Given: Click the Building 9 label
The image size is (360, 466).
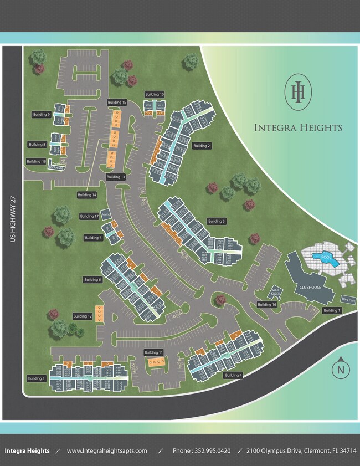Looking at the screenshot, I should coord(42,115).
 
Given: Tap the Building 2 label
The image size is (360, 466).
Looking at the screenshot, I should coord(202,146).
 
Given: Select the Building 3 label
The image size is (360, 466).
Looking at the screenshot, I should coord(217,221).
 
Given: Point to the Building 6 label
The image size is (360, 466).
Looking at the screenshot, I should coord(92,280).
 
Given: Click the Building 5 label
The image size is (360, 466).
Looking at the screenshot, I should coord(36,378).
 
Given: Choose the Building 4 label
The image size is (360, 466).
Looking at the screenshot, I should coord(233,375).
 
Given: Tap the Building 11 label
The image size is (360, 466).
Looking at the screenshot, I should coord(153,352).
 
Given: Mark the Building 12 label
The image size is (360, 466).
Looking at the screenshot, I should coord(83,316).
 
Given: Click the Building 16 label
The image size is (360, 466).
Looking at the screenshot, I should coord(267,305).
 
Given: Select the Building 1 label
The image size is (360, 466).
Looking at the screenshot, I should coord(331,310).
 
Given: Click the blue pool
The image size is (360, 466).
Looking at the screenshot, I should coord(322,257).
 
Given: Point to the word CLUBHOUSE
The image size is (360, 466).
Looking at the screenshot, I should coord(310,288).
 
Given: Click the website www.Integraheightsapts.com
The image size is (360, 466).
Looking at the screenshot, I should coord(107,451).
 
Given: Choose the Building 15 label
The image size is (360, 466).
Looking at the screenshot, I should coord(117,103).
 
